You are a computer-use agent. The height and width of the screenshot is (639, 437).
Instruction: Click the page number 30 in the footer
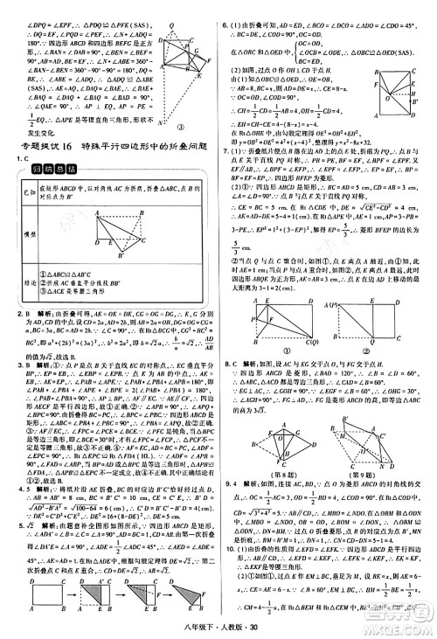tap(235, 630)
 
